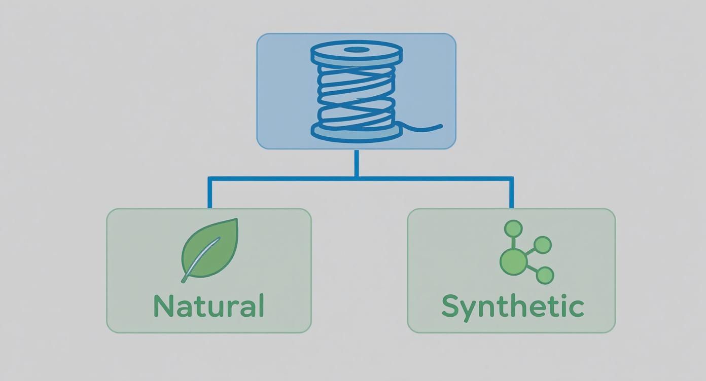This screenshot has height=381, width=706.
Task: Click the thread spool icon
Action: (356, 91)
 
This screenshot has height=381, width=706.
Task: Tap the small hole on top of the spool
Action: (357, 50)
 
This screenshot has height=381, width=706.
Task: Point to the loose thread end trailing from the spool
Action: (426, 128)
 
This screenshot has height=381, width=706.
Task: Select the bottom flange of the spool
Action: (357, 132)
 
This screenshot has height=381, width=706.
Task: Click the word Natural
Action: (208, 306)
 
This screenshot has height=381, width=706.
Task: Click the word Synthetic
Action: (512, 306)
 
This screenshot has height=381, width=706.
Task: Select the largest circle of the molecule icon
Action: (513, 262)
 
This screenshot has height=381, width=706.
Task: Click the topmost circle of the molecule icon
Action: (513, 229)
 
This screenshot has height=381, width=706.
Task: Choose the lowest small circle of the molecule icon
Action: (545, 276)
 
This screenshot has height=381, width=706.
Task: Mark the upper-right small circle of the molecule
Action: (542, 245)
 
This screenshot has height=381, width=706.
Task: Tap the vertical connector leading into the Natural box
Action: (209, 194)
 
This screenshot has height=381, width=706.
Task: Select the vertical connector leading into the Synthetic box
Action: (511, 194)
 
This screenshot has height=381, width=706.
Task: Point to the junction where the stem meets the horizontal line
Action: (357, 178)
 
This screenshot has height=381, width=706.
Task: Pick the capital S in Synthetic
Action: (451, 306)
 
